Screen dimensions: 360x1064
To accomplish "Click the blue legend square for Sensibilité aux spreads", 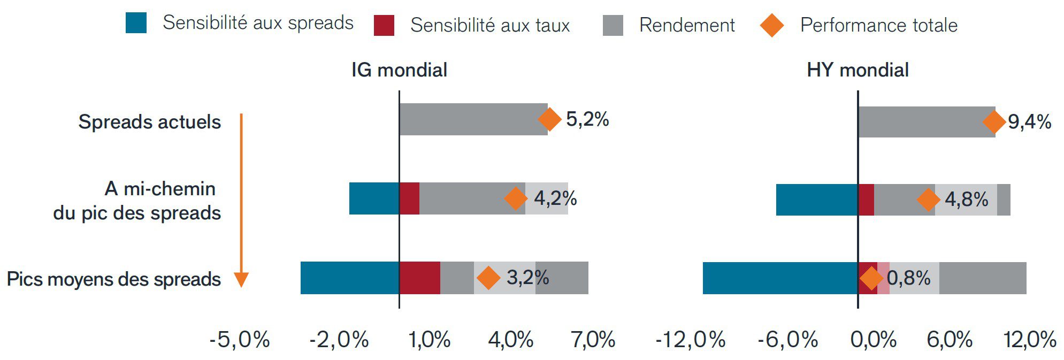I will [136, 23].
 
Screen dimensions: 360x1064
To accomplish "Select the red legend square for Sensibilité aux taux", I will [384, 25].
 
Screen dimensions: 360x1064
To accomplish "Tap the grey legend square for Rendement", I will [613, 25].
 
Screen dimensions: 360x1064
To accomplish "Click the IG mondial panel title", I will [399, 70].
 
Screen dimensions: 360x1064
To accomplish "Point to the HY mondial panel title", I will [858, 70].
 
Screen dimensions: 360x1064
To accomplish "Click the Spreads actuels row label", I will [149, 122].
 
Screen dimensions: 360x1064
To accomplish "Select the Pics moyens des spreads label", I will [113, 279].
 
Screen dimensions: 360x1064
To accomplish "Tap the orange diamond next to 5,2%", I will [549, 119].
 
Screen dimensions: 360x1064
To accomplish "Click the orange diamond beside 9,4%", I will [994, 122].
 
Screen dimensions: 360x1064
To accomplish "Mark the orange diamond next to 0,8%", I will [870, 278].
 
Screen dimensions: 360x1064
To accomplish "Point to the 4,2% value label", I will [555, 198].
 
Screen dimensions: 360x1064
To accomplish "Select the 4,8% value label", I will [966, 200].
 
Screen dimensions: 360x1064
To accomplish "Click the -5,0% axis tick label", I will [239, 340].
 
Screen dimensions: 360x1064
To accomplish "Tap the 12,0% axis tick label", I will [1030, 340].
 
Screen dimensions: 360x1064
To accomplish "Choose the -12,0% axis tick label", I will [690, 340].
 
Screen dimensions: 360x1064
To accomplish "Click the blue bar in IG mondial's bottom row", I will [349, 278].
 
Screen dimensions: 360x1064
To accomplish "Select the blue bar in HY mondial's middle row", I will [816, 200].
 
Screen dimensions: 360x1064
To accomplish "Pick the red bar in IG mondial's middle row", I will [409, 198].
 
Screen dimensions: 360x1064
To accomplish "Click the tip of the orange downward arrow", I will [241, 285].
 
